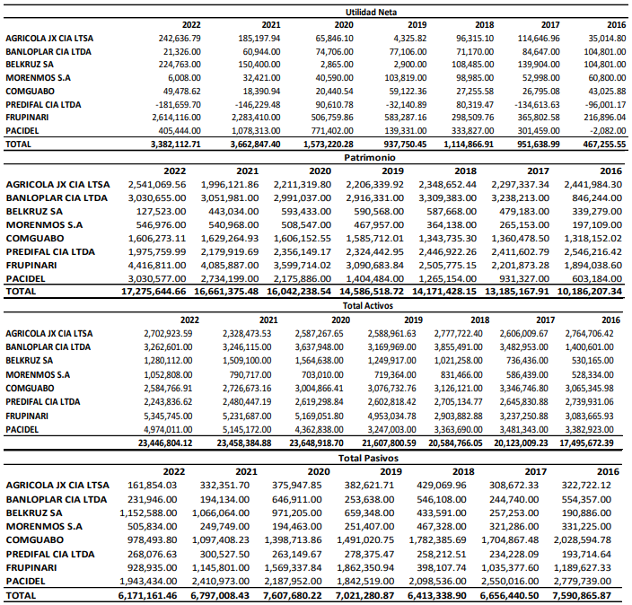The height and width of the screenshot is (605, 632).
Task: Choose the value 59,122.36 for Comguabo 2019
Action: tap(404, 92)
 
